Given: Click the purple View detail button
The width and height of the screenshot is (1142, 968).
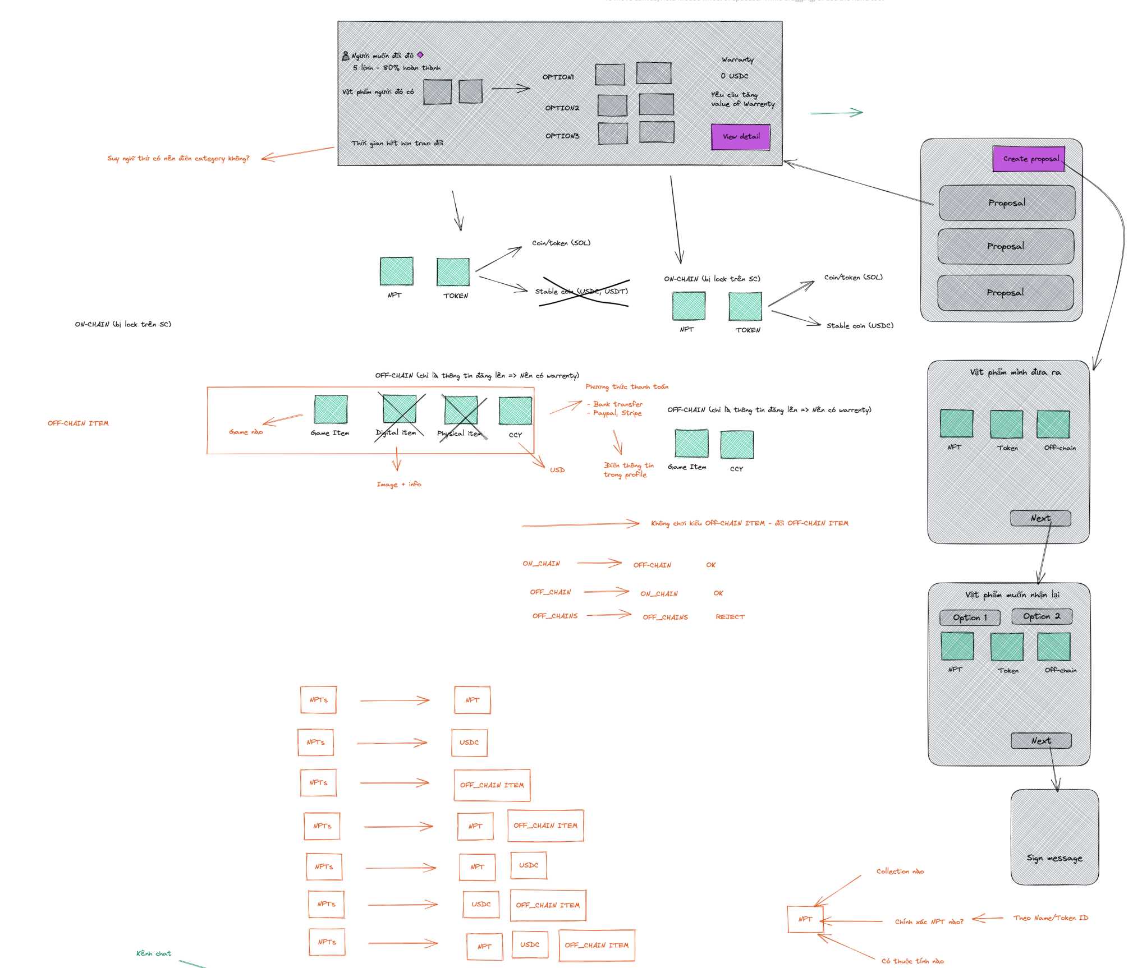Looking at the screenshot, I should pyautogui.click(x=740, y=137).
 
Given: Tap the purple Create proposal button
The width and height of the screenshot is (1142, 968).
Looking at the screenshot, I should pyautogui.click(x=1028, y=159).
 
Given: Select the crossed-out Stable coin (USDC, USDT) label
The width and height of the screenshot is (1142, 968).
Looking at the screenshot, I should pyautogui.click(x=581, y=292).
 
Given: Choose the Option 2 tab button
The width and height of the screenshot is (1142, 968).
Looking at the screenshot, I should pyautogui.click(x=1042, y=616).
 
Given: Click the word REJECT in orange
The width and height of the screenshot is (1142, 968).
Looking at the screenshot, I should pyautogui.click(x=730, y=617).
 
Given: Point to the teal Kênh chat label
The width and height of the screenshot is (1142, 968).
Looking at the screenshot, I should pyautogui.click(x=154, y=953).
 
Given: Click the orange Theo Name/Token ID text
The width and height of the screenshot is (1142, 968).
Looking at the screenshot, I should pyautogui.click(x=1051, y=918).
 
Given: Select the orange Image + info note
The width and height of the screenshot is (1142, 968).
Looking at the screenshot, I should pyautogui.click(x=398, y=485).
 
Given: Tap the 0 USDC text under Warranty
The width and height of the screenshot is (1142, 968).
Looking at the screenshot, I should pyautogui.click(x=734, y=76).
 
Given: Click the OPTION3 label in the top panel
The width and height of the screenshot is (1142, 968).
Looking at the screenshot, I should pyautogui.click(x=562, y=136).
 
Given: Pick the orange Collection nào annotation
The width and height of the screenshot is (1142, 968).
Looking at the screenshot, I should pyautogui.click(x=900, y=872).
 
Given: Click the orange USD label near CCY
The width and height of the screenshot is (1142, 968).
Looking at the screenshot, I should pyautogui.click(x=557, y=470).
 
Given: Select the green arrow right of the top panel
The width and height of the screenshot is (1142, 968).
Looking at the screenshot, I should pyautogui.click(x=836, y=113).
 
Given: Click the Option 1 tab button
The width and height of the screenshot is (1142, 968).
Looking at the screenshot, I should pyautogui.click(x=970, y=617).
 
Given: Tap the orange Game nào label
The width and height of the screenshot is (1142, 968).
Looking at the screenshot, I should pyautogui.click(x=246, y=432).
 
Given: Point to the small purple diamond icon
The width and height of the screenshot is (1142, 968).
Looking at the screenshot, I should pyautogui.click(x=420, y=55).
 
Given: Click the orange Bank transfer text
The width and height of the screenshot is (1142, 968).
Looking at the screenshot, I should pyautogui.click(x=618, y=404).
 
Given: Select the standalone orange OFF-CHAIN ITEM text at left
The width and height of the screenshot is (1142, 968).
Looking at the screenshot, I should pyautogui.click(x=78, y=423).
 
